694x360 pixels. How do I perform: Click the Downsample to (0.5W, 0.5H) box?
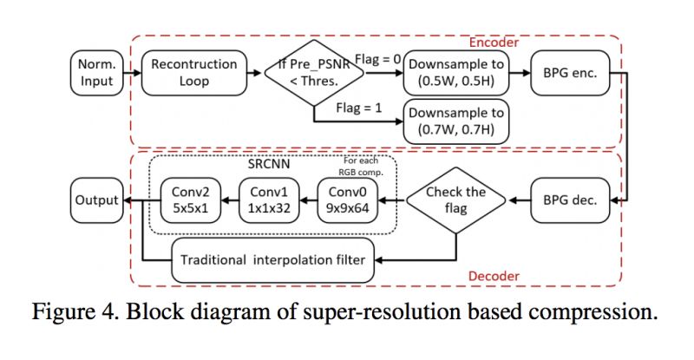click(x=456, y=73)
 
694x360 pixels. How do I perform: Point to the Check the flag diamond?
click(x=456, y=200)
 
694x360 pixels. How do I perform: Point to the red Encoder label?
click(x=494, y=43)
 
